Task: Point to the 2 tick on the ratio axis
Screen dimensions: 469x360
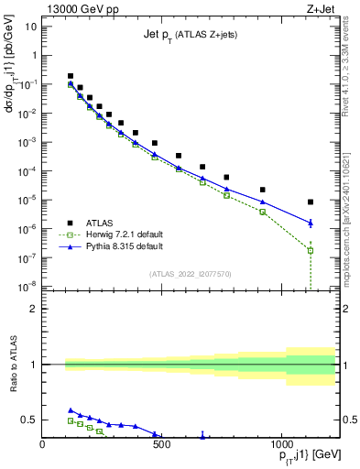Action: click(34, 309)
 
